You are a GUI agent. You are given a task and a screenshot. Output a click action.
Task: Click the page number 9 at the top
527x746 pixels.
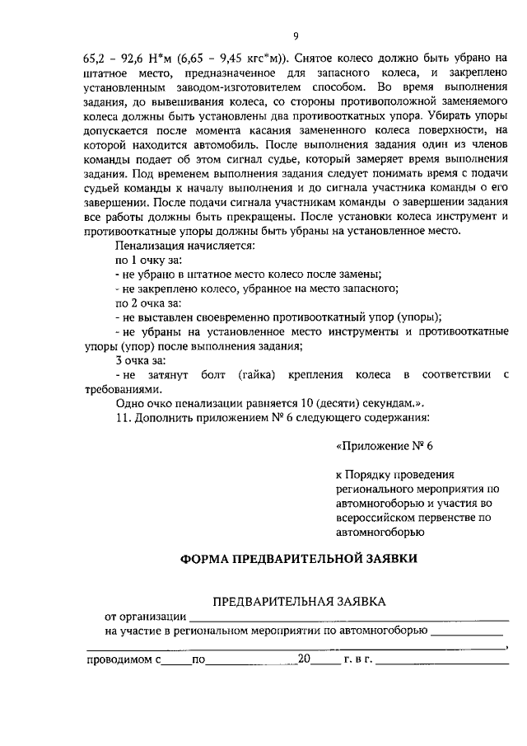coord(294,35)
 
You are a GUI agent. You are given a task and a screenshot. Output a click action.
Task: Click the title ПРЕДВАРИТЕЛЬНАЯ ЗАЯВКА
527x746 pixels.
coord(299,603)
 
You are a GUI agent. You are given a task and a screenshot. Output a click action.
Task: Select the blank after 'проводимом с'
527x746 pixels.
coord(175,661)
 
